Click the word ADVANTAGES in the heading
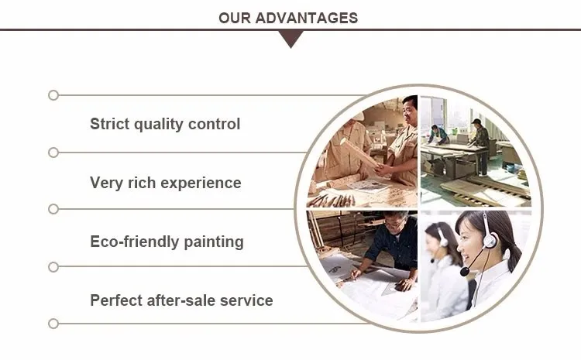(306, 18)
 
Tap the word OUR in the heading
(235, 18)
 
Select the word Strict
(110, 124)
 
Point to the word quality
(159, 125)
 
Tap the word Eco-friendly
(135, 242)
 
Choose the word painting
(214, 242)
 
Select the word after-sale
(181, 300)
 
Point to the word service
(246, 300)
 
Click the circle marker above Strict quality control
(53, 95)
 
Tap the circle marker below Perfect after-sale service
(53, 324)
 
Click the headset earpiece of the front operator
(489, 240)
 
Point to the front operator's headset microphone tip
(464, 272)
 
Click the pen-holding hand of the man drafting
(356, 274)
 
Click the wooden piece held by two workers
(362, 153)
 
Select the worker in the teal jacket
(438, 135)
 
